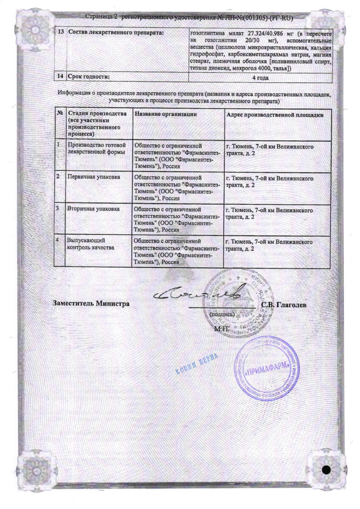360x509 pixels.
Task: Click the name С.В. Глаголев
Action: point(284,305)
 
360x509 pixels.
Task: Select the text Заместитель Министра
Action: point(91,303)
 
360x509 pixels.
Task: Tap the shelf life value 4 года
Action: point(260,78)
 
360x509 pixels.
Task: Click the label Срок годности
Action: point(89,77)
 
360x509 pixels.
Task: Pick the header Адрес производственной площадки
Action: point(275,115)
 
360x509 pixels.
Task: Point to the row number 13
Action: point(61,33)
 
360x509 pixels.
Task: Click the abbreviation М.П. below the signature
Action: point(221,328)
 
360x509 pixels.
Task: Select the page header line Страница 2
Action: point(189,17)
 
